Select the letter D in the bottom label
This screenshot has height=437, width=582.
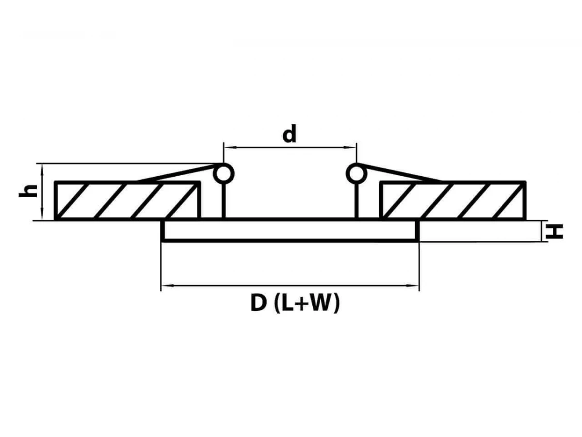click(259, 304)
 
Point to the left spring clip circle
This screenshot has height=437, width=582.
click(224, 173)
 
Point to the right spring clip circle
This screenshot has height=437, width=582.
click(356, 173)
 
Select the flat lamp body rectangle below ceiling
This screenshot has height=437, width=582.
click(290, 231)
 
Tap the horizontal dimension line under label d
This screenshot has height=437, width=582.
click(290, 147)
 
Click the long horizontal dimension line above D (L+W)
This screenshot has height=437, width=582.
click(290, 286)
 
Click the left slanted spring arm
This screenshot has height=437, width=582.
click(177, 174)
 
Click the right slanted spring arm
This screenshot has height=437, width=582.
click(403, 174)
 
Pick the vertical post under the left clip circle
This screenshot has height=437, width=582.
click(224, 200)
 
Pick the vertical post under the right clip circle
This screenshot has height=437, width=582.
click(356, 200)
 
